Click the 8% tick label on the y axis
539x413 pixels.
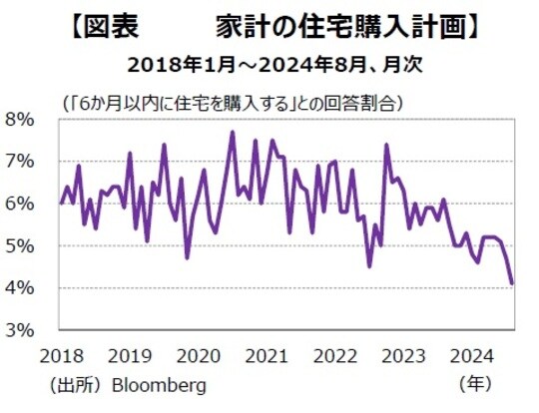pos(21,119)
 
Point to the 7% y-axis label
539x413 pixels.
pos(21,162)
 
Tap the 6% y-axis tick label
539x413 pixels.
pos(21,204)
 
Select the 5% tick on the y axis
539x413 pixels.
pos(21,246)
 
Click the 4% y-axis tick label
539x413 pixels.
pos(21,288)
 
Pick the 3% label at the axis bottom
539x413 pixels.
pos(21,330)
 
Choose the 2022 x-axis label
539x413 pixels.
pos(337,355)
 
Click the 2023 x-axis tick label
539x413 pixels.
pos(407,355)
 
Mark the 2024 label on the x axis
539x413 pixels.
pos(477,355)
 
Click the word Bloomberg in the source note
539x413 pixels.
pos(159,384)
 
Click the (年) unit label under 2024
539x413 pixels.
pos(476,383)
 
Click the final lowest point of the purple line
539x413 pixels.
pos(512,283)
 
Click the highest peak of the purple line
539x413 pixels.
pos(233,132)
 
